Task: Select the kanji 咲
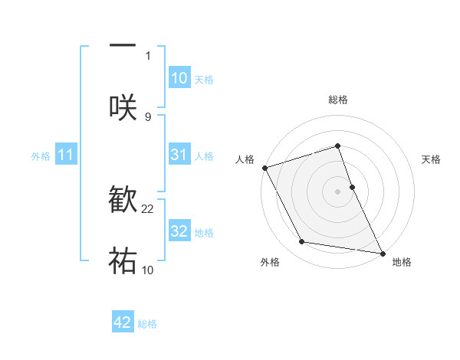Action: coord(123,106)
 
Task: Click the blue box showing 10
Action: coord(179,78)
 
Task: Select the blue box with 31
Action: coord(179,155)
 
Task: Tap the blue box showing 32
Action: coord(179,231)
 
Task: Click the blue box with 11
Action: coord(66,155)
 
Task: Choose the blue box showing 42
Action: coord(123,322)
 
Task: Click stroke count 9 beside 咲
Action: coord(148,116)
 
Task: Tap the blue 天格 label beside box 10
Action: coord(204,80)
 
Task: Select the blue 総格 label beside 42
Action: coord(147,324)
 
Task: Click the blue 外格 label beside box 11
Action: coord(41,156)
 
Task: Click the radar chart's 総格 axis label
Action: coord(338,100)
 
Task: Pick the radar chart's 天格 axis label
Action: coord(432,159)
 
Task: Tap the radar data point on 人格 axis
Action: coord(264,167)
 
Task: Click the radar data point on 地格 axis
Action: coord(382,253)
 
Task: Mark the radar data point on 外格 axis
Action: coord(302,242)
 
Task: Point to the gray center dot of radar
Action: coord(338,191)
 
